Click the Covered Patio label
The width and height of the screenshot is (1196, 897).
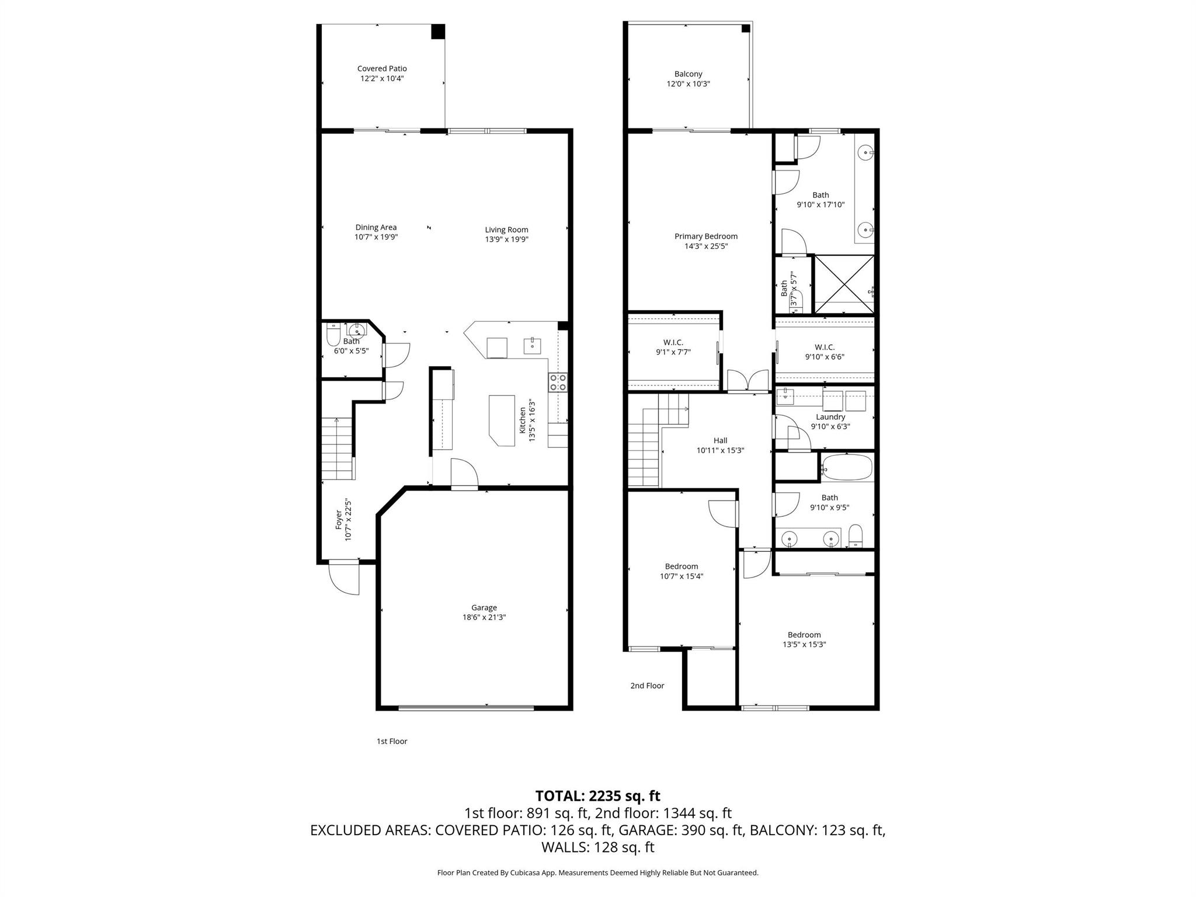[382, 69]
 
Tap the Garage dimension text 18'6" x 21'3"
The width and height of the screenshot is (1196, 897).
[484, 617]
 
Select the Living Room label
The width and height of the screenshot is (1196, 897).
[506, 230]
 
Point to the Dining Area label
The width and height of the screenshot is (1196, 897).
[376, 227]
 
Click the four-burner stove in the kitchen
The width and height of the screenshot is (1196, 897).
[558, 383]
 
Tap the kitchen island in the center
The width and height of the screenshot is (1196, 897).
[501, 420]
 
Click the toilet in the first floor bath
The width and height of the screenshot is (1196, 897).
[333, 336]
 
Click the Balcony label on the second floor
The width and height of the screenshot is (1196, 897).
[688, 74]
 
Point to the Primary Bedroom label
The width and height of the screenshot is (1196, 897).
[705, 237]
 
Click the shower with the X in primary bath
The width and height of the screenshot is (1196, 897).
[844, 284]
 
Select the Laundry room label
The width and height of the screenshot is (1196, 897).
[830, 417]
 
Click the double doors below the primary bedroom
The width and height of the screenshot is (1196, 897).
[747, 381]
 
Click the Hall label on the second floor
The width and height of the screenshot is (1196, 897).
[720, 440]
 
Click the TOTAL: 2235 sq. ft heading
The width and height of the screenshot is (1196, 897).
[597, 795]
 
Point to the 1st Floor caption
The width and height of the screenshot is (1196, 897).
[391, 741]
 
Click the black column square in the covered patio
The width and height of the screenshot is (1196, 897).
[438, 32]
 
